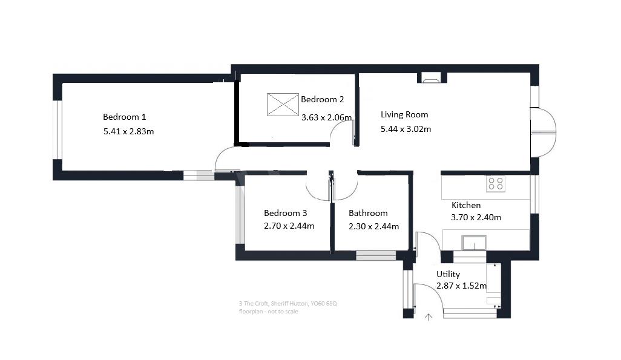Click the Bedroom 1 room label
tap(124, 117)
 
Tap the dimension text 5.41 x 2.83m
tap(128, 131)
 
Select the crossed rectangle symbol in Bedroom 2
tap(282, 104)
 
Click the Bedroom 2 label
tap(322, 99)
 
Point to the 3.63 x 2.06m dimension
tap(327, 117)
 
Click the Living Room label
tap(404, 114)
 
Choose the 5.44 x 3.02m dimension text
tap(406, 128)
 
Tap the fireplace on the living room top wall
tap(432, 77)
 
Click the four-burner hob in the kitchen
tap(496, 183)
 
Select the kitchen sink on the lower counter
tap(473, 243)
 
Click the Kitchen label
tap(465, 205)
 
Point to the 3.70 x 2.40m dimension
tap(476, 218)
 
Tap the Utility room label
tap(448, 274)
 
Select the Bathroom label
tap(368, 213)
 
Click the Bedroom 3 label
tap(285, 213)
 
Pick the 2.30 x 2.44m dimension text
tap(373, 226)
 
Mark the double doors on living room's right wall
tap(543, 132)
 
